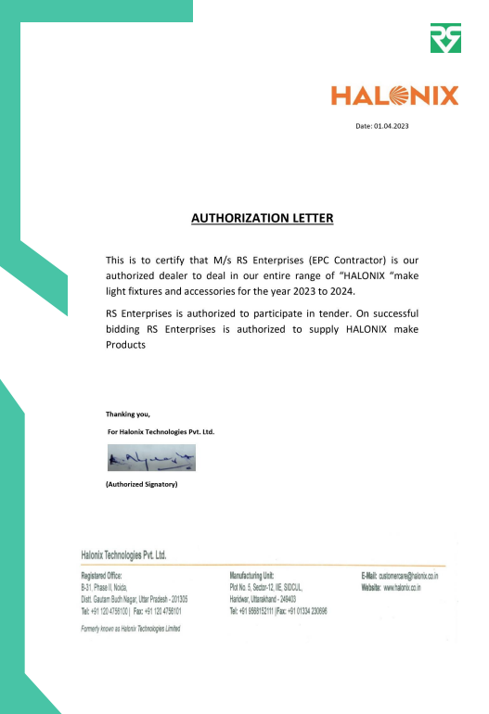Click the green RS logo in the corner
point(444,38)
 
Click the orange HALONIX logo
point(395,96)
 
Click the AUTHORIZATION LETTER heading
point(262,219)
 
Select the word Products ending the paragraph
point(127,345)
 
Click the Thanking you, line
point(128,414)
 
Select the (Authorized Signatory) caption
point(141,484)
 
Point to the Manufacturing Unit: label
point(251,577)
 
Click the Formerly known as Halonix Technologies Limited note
point(131,629)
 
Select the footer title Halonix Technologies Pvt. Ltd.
point(123,555)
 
